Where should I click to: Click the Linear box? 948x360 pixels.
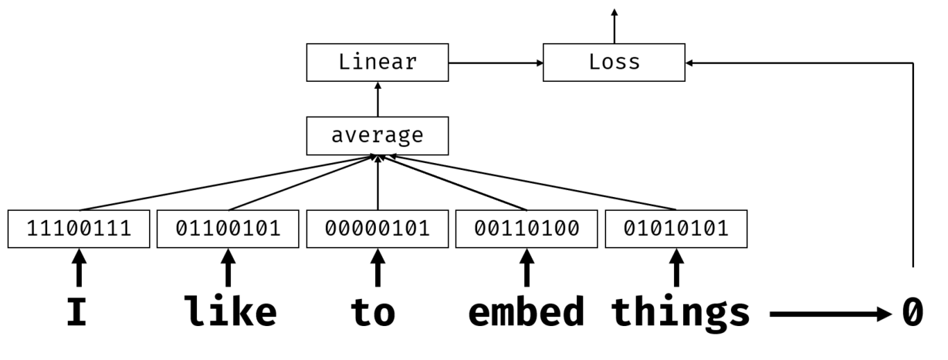pos(377,62)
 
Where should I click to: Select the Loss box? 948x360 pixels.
pos(614,62)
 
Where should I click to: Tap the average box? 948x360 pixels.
pos(377,135)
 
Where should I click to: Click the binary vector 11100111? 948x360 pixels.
pos(78,228)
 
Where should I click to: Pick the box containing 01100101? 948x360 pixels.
pos(228,228)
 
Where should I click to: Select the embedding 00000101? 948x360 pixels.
pos(377,228)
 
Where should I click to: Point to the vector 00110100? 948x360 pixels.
pos(527,228)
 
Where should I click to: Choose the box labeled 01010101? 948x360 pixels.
pos(676,228)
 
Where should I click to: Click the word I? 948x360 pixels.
pos(77,313)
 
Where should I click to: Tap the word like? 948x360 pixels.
pos(230,313)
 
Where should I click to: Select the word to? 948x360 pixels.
pos(373,313)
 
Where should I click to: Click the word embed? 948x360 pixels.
pos(526,313)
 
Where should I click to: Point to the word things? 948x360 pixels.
pos(680,313)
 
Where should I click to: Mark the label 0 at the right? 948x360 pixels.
pos(913,313)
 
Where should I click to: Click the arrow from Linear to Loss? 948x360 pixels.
pos(495,62)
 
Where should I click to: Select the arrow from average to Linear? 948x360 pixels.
pos(377,98)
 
